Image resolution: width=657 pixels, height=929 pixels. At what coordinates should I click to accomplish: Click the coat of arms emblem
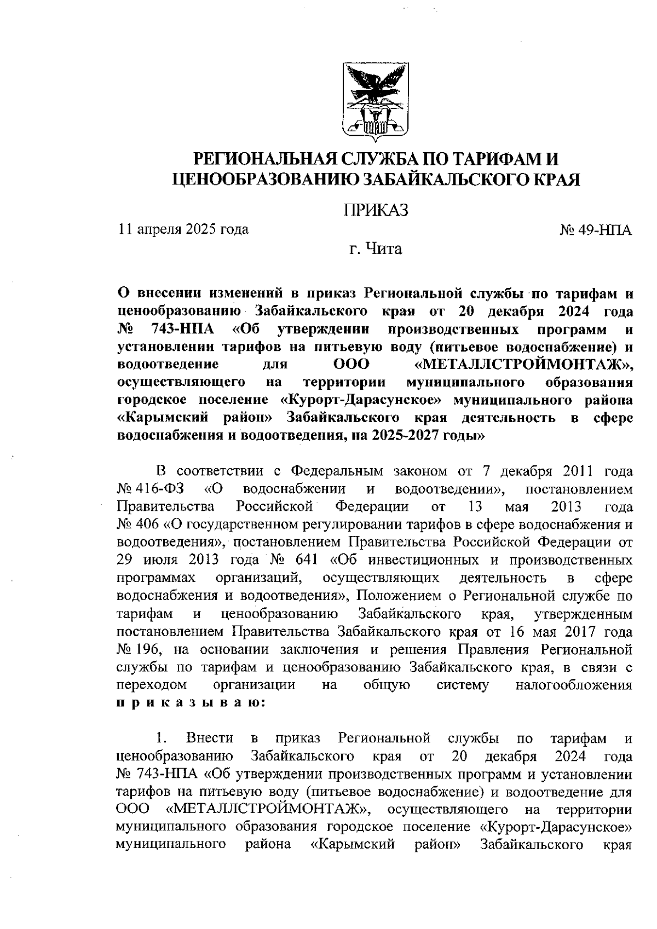coord(376,101)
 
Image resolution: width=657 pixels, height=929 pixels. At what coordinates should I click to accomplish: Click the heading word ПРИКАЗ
coord(376,210)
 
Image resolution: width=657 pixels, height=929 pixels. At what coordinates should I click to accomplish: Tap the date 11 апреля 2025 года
coord(183,228)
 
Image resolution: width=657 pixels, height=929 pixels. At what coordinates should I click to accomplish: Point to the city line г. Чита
coord(376,250)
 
